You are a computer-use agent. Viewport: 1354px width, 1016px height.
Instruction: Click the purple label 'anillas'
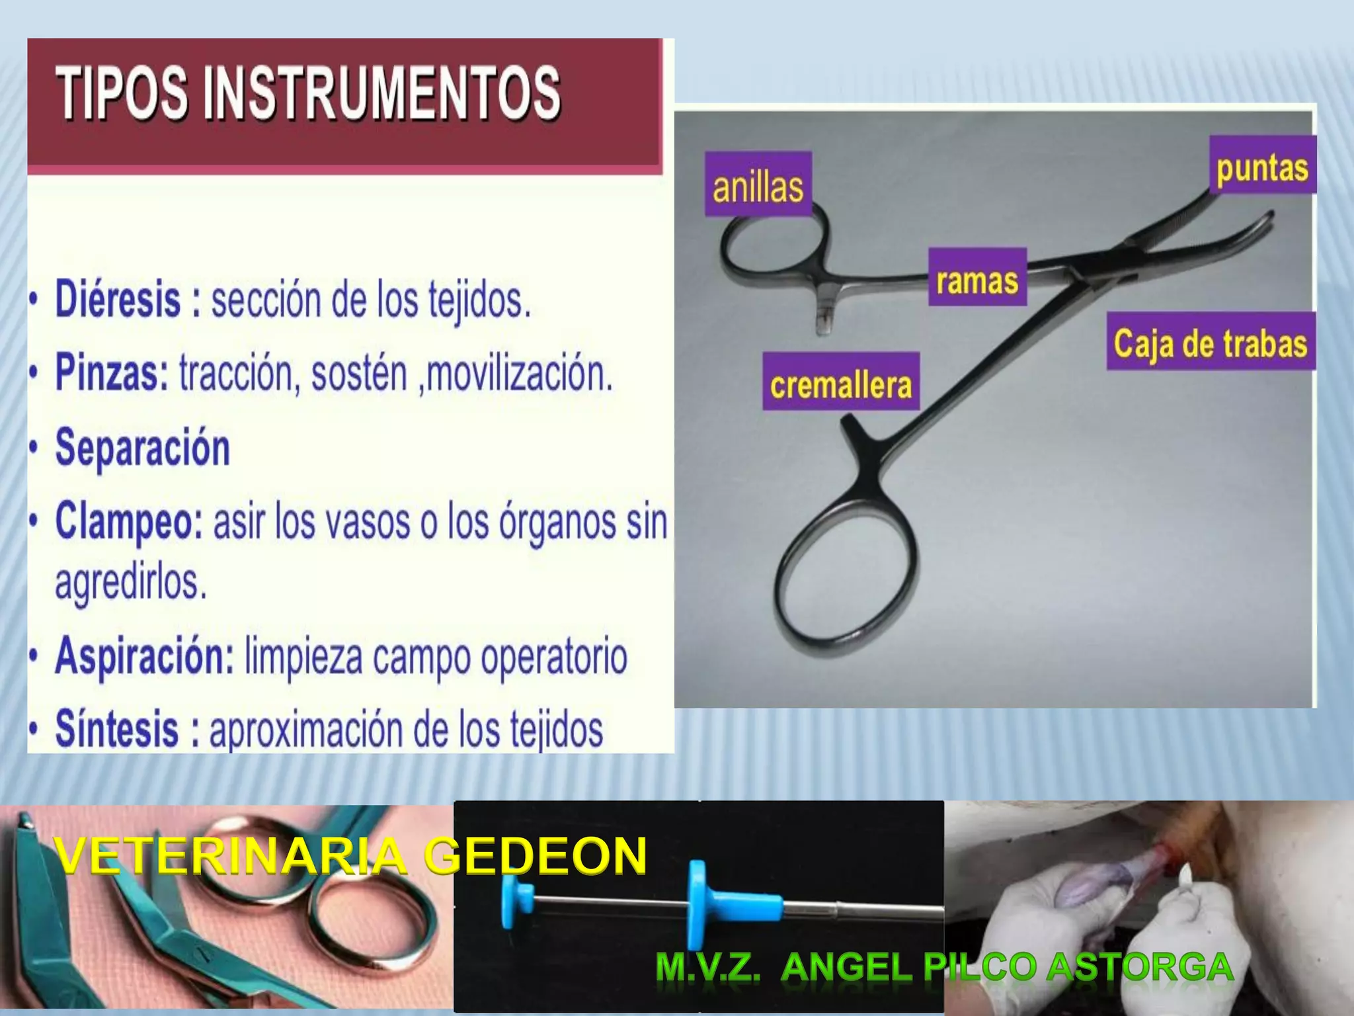click(758, 185)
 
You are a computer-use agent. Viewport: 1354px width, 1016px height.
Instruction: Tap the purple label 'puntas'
click(1262, 166)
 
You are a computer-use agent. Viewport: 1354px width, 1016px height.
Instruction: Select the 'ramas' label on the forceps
click(977, 278)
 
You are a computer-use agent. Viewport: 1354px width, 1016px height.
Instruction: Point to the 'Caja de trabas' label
click(1211, 342)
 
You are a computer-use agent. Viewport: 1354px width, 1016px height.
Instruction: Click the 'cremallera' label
click(841, 382)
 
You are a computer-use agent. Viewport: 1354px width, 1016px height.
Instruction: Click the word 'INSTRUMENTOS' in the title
click(383, 93)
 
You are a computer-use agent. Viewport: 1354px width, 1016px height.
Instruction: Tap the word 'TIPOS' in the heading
click(123, 93)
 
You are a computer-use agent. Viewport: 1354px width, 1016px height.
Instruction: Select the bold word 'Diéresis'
click(118, 299)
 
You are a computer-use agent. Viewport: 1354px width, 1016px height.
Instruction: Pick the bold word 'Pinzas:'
click(112, 372)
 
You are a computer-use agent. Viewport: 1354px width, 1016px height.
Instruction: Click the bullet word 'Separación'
click(143, 447)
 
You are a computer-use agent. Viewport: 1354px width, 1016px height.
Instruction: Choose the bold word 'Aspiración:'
click(145, 656)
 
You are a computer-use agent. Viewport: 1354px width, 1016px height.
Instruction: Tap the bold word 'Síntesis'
click(117, 728)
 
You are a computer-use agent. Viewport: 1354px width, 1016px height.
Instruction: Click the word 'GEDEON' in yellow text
click(536, 856)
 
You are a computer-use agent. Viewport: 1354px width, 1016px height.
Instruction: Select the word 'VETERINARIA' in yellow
click(231, 856)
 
